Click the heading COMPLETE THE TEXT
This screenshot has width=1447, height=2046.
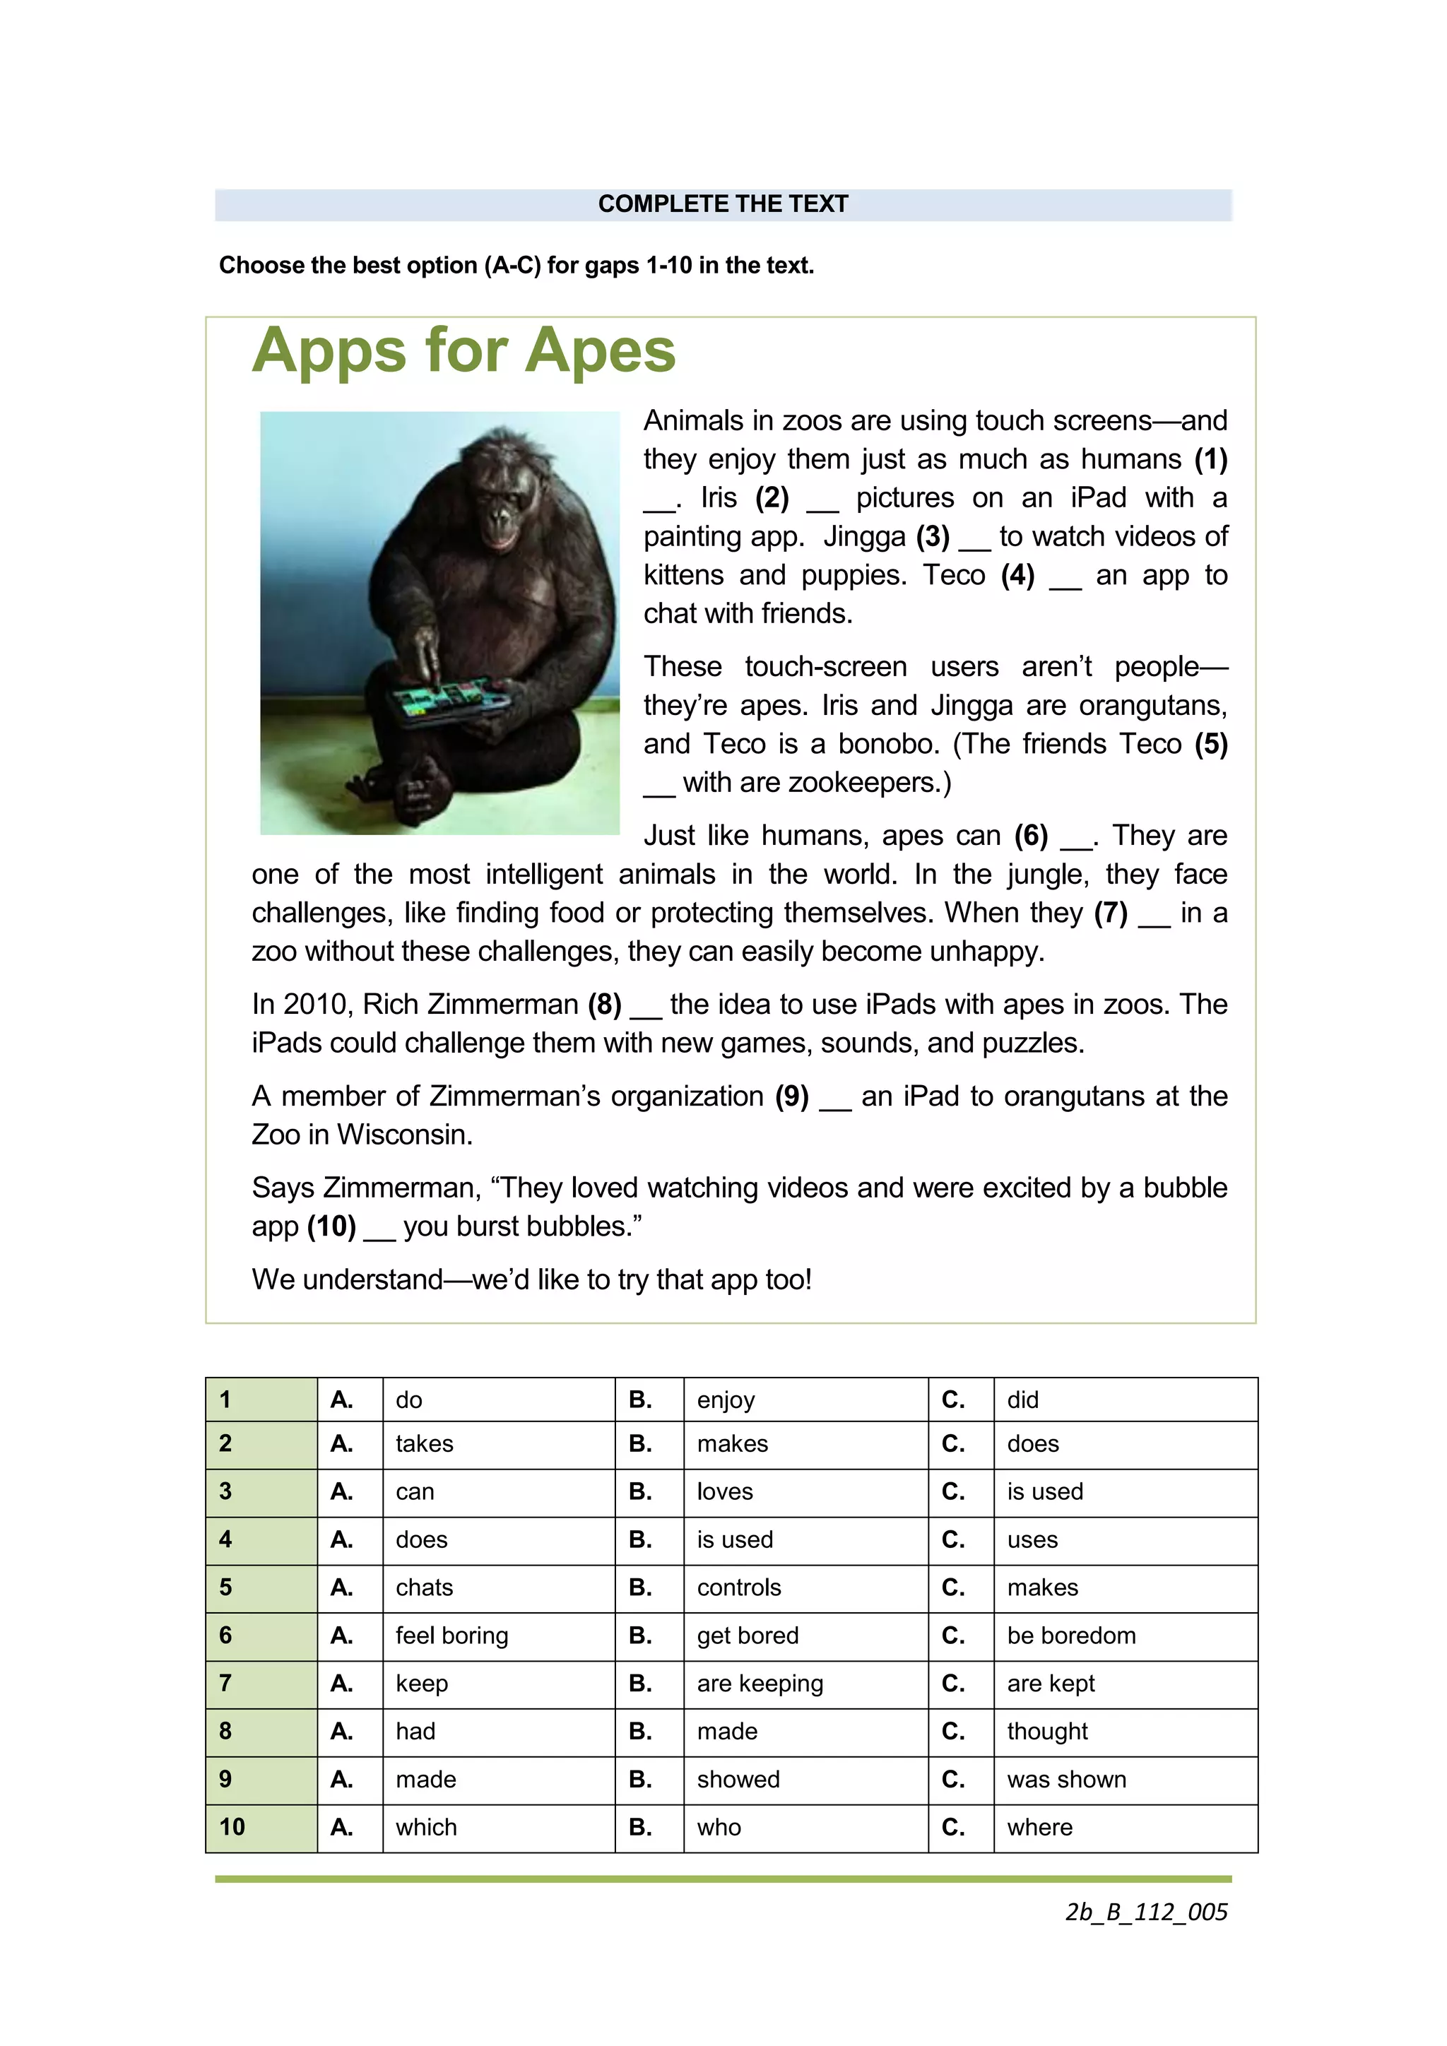[x=723, y=204]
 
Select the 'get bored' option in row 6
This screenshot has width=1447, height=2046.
[x=748, y=1636]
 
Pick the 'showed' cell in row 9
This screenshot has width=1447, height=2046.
[x=738, y=1779]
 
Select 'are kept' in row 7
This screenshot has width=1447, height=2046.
[x=1051, y=1684]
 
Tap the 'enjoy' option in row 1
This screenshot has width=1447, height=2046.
[x=726, y=1400]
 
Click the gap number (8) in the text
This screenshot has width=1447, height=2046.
[x=605, y=1005]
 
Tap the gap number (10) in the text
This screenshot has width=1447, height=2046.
[x=331, y=1226]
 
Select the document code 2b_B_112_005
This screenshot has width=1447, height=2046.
[x=1146, y=1912]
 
